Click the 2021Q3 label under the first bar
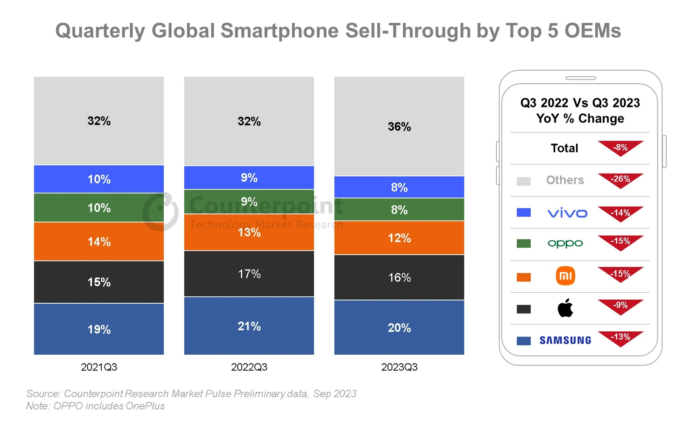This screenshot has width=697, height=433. click(99, 367)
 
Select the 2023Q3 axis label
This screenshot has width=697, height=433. click(399, 367)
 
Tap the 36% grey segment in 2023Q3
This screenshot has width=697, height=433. click(399, 127)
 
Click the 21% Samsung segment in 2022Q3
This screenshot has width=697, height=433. click(249, 326)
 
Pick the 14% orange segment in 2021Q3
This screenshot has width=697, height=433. click(99, 242)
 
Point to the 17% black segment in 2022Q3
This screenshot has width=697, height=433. click(249, 274)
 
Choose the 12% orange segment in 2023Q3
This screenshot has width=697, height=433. click(399, 238)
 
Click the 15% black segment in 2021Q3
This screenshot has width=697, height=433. click(99, 282)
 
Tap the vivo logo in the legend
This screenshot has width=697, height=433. click(567, 213)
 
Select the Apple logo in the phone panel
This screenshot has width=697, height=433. click(565, 308)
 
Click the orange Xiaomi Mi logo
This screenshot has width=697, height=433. click(565, 276)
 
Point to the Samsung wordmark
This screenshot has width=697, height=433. click(565, 340)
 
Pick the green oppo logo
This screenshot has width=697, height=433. click(565, 243)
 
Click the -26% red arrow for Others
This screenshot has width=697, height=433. click(620, 180)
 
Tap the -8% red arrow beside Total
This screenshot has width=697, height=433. click(620, 148)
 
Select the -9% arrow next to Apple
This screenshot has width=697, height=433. click(620, 306)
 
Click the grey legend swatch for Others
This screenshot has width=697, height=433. click(524, 181)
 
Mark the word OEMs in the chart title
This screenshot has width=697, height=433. click(593, 31)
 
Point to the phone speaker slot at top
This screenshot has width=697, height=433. click(580, 78)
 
